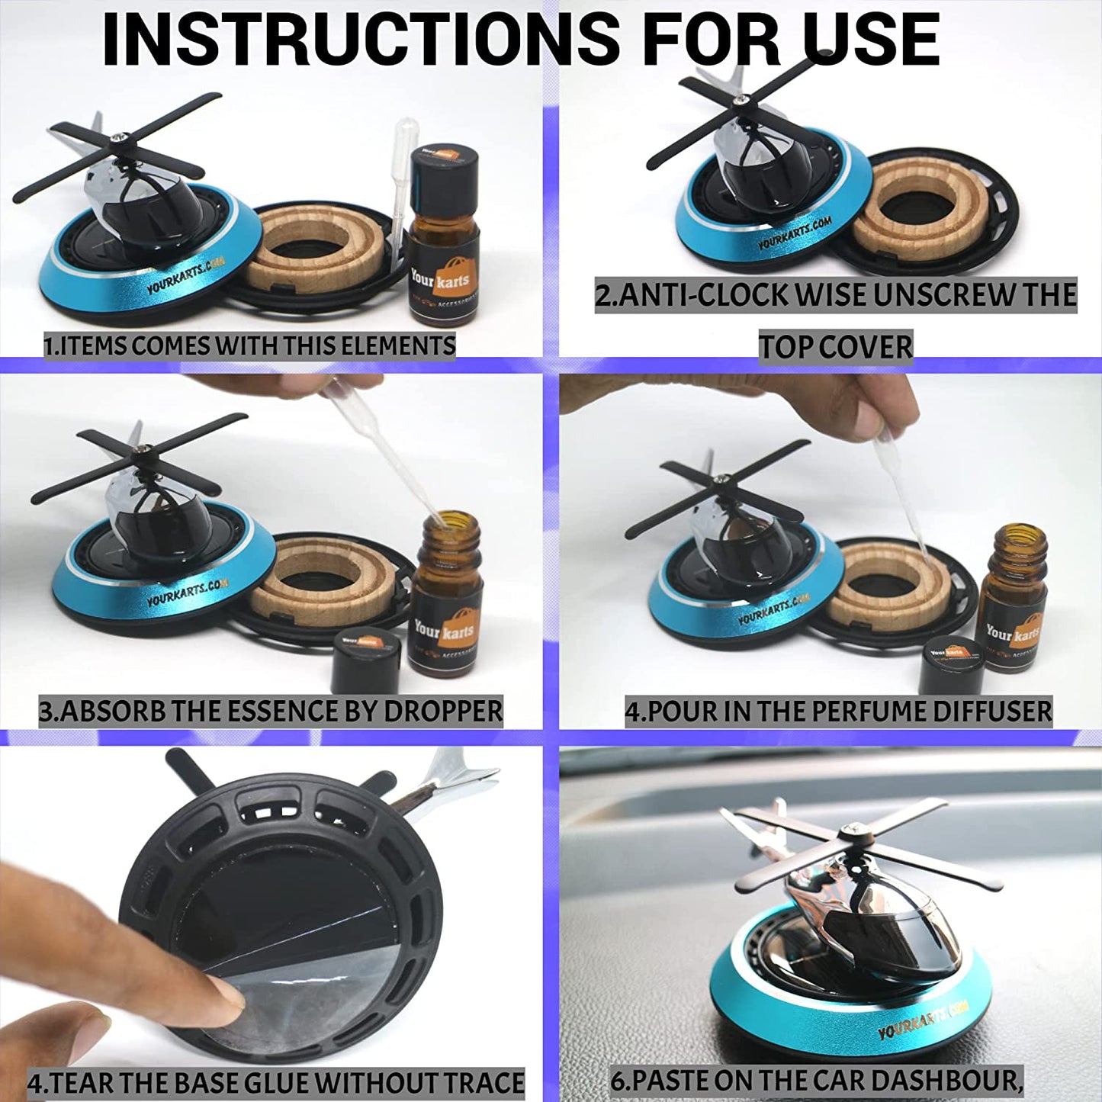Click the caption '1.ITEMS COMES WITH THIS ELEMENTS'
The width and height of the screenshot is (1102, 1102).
tap(249, 345)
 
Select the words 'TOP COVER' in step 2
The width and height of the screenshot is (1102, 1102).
tap(835, 347)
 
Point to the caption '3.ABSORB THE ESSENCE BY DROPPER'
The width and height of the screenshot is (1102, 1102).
tap(271, 711)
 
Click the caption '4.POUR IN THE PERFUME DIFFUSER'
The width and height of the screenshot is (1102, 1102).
tap(838, 711)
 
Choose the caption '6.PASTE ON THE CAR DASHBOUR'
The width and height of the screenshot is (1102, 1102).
tap(816, 1080)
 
